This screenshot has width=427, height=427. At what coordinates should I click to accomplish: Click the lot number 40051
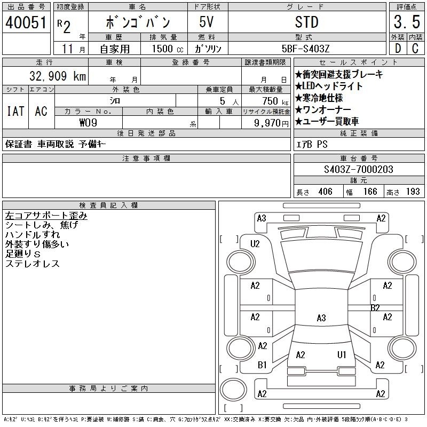tap(26, 22)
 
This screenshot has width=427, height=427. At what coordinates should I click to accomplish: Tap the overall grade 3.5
tap(407, 22)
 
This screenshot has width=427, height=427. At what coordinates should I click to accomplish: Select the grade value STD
tap(306, 22)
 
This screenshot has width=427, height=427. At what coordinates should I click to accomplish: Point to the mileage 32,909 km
tap(58, 76)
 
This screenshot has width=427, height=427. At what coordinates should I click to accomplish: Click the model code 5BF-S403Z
tap(305, 49)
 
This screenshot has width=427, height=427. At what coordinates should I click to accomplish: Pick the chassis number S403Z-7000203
tap(358, 169)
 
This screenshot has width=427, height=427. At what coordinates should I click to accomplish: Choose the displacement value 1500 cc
tap(168, 49)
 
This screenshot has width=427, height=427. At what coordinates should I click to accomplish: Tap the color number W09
tap(88, 123)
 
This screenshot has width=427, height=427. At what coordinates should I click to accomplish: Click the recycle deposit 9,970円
tap(271, 123)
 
